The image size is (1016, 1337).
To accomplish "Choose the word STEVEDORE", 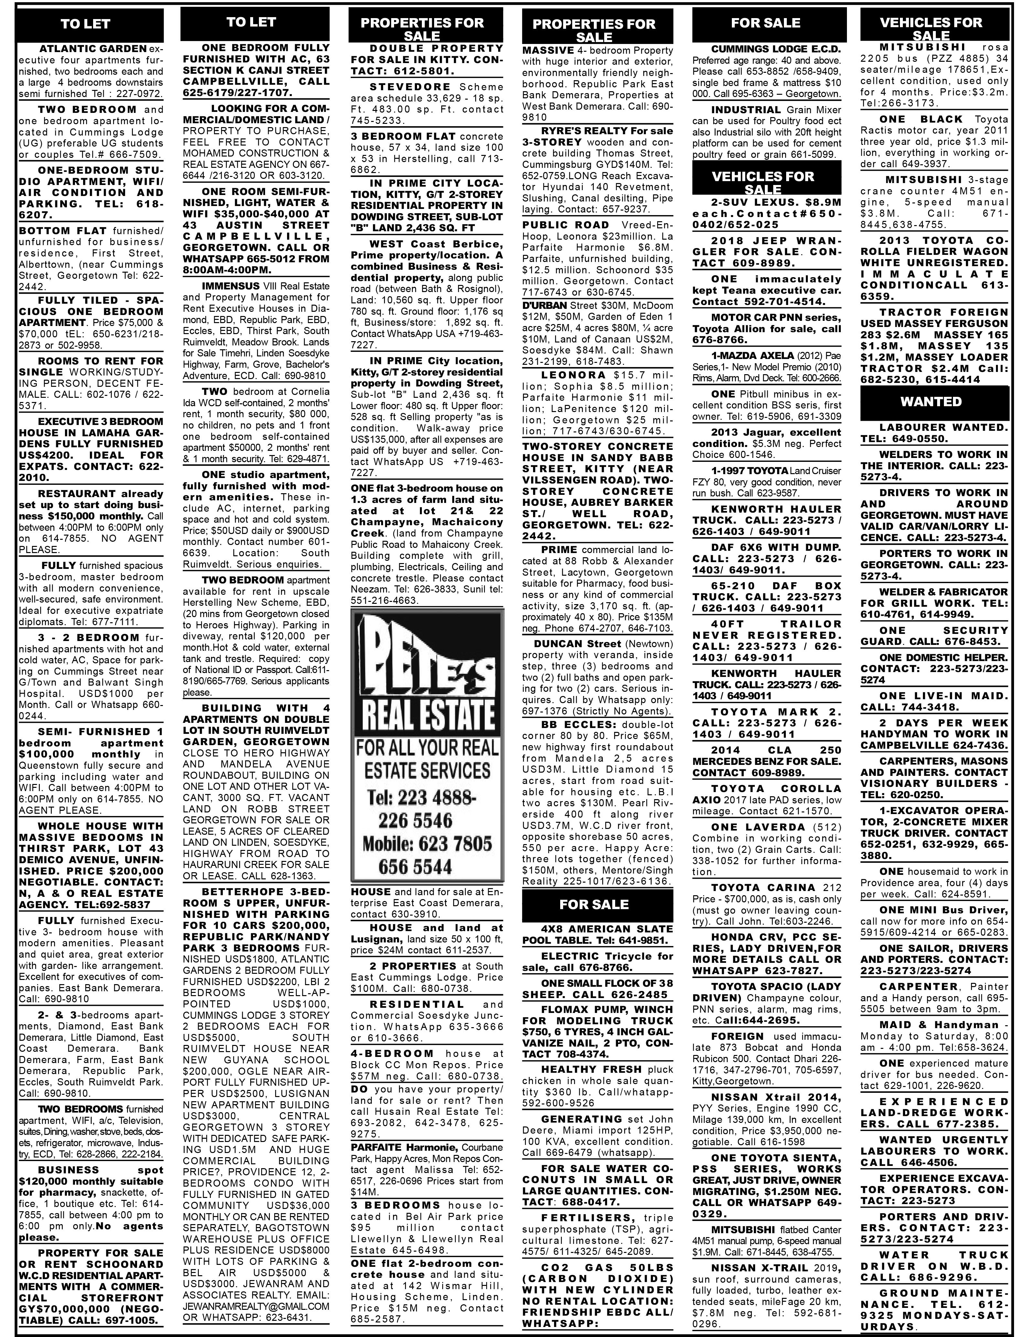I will (x=410, y=87).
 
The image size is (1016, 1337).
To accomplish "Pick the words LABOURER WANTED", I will (x=943, y=427).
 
